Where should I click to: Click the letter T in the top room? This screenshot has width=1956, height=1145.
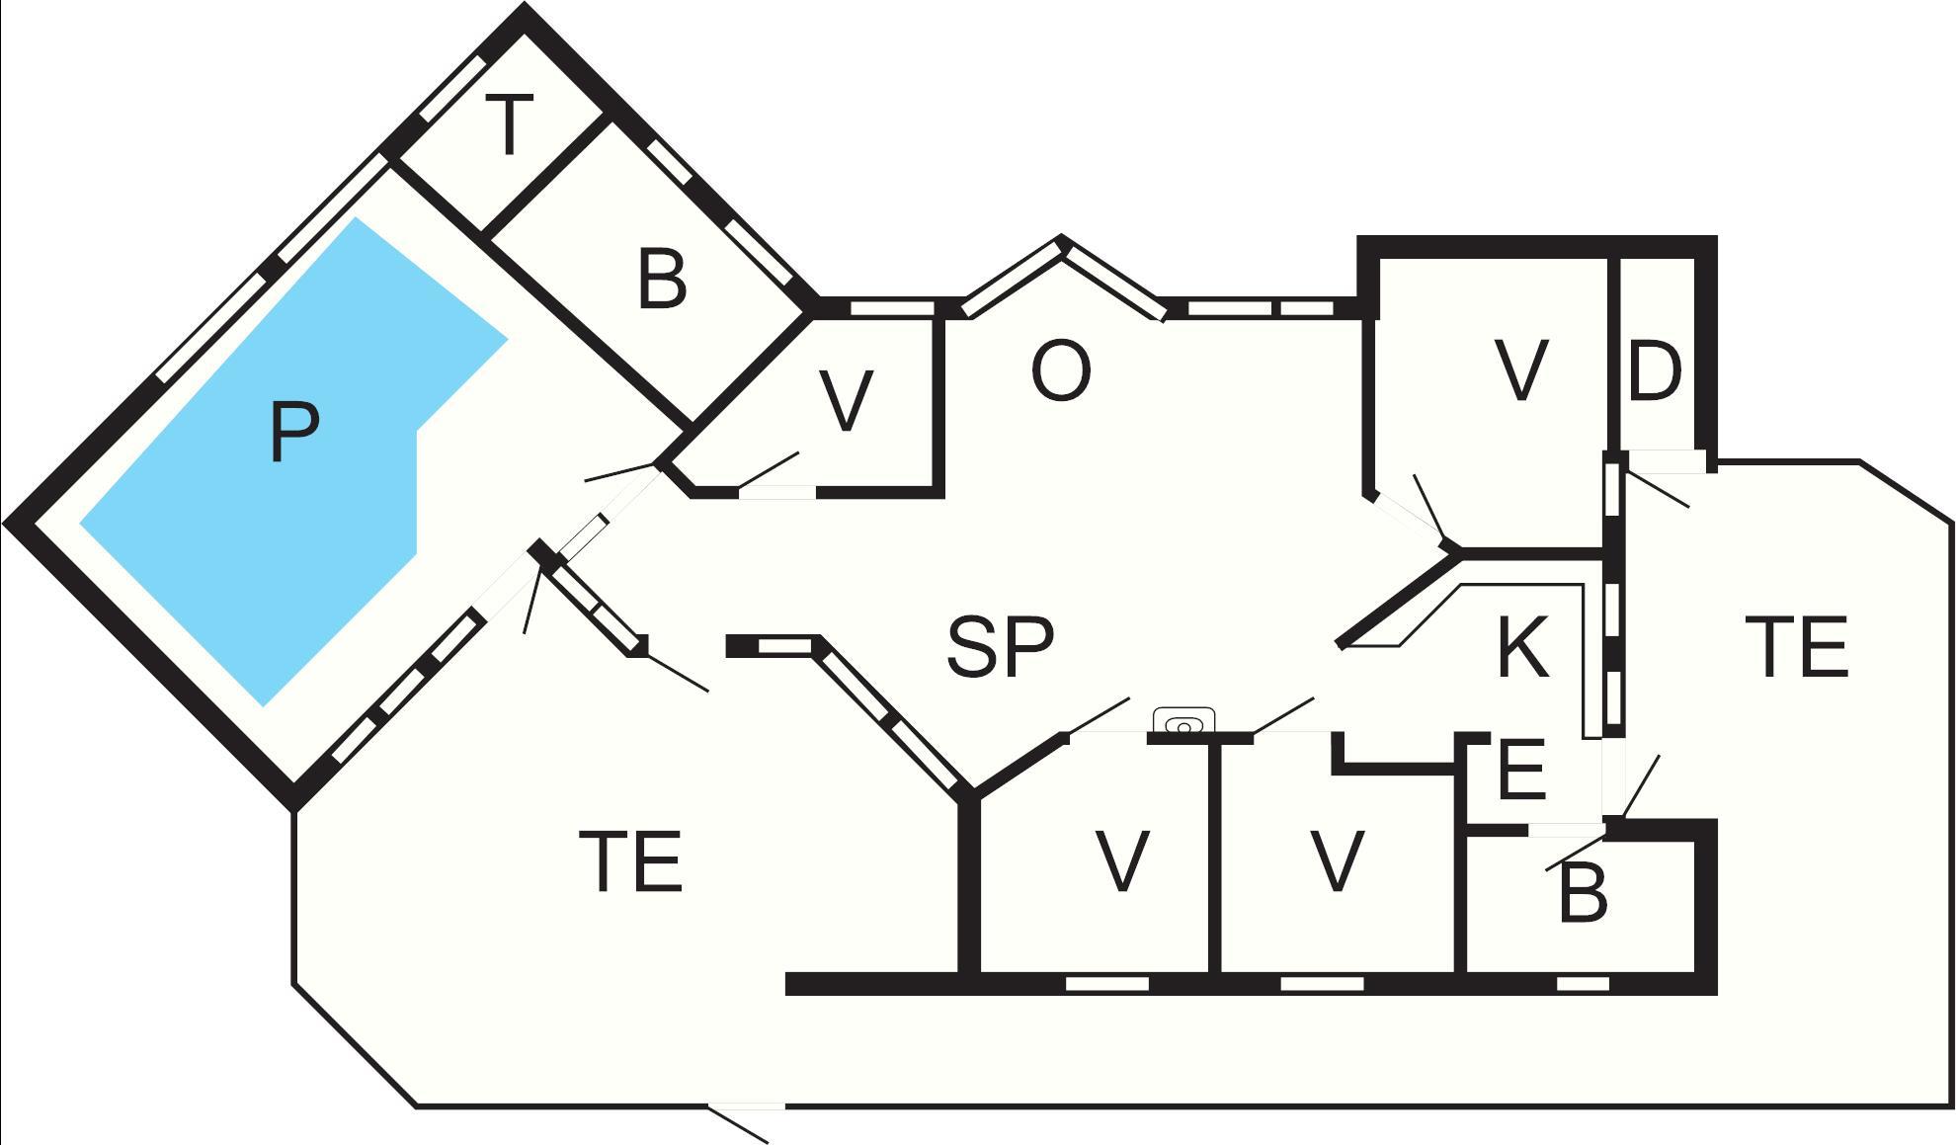[x=510, y=125]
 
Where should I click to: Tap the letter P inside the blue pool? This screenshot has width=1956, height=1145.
[x=293, y=433]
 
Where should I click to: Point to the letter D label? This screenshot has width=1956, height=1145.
[x=1654, y=372]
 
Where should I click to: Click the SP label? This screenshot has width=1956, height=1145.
[x=1000, y=647]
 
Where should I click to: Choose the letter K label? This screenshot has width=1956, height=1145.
[x=1522, y=647]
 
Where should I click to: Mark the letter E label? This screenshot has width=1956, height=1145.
[x=1521, y=770]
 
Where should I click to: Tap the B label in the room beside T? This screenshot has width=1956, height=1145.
[x=662, y=279]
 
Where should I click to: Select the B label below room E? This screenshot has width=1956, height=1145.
[x=1583, y=894]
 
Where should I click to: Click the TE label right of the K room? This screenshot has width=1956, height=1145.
[x=1796, y=647]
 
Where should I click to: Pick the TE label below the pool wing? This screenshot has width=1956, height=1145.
[x=630, y=861]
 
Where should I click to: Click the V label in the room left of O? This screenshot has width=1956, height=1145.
[x=847, y=401]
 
